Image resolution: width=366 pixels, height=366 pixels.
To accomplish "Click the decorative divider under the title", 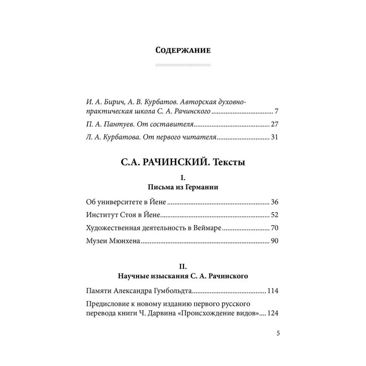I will [183, 65].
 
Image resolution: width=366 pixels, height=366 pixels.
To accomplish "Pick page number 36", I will [274, 202].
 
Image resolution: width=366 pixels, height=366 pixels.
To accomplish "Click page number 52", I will [274, 215].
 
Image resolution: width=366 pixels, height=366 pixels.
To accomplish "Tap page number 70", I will [274, 229].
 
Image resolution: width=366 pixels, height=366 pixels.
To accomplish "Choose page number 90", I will [274, 242].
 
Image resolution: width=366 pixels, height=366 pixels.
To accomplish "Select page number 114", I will [273, 291].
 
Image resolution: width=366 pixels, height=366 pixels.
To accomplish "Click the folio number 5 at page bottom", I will [278, 333].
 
